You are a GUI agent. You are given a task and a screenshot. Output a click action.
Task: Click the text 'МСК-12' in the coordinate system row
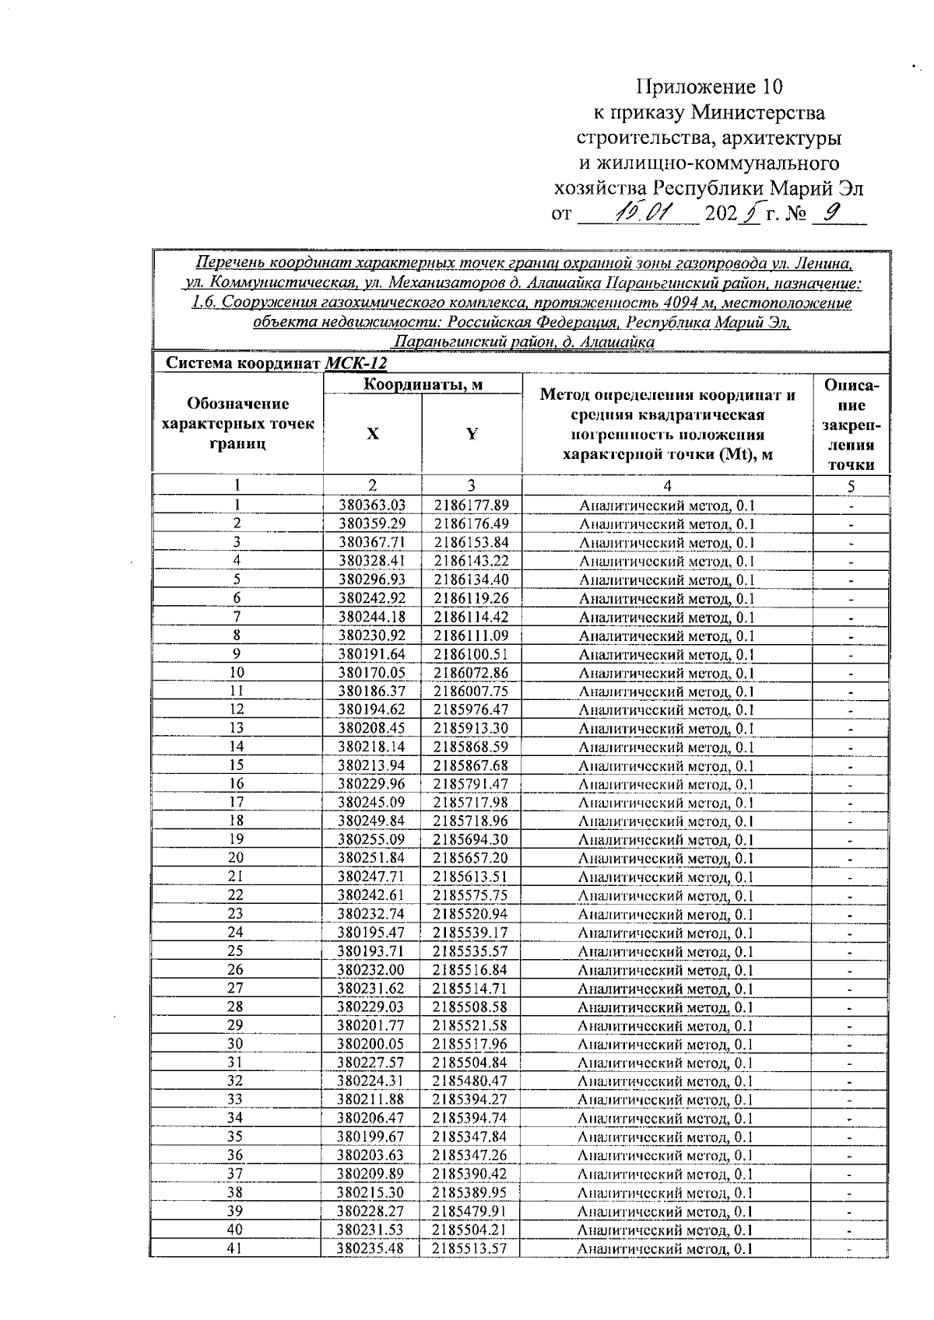click(x=356, y=363)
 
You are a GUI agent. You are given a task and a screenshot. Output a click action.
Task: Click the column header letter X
click(x=373, y=434)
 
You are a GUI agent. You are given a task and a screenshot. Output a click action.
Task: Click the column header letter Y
click(x=472, y=434)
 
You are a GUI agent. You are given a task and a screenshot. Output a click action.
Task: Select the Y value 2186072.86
click(x=472, y=673)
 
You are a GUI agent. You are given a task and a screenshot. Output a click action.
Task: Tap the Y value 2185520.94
click(x=471, y=914)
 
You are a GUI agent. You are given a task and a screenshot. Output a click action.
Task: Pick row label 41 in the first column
click(x=235, y=1248)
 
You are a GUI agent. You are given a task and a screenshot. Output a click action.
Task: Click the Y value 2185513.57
click(x=470, y=1248)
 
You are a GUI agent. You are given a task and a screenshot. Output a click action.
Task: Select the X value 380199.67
click(x=371, y=1137)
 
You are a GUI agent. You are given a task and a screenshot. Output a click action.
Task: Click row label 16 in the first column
click(x=236, y=784)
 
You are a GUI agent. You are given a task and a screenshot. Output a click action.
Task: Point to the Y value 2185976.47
click(x=472, y=709)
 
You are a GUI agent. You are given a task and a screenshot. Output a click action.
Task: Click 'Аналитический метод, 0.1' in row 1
click(x=667, y=506)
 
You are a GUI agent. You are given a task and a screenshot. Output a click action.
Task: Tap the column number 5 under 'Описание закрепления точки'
click(x=851, y=487)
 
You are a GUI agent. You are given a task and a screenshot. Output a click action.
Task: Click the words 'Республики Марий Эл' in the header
click(x=758, y=188)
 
